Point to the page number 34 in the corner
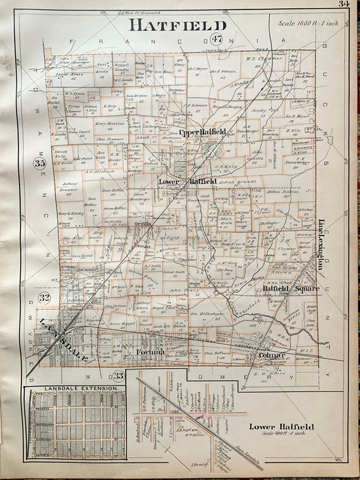(x=343, y=4)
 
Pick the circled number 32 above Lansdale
(x=44, y=297)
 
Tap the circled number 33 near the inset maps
(x=117, y=376)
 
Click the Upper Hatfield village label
(x=202, y=133)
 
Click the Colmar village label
(x=272, y=356)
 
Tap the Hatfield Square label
(x=291, y=288)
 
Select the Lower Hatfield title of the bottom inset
(x=281, y=427)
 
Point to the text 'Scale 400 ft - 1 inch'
(x=282, y=435)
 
